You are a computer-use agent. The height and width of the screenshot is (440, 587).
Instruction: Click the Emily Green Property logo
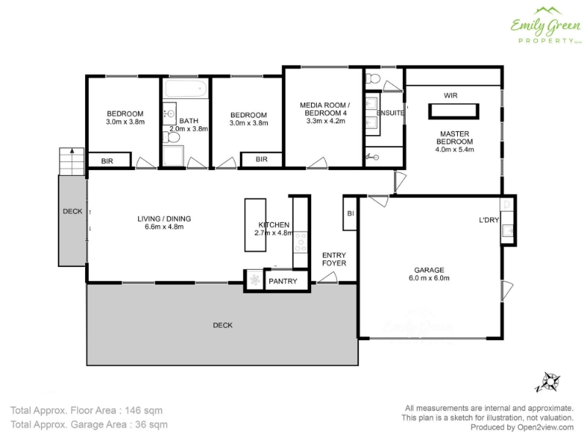click(546, 26)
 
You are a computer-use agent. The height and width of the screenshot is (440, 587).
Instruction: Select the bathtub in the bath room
click(186, 89)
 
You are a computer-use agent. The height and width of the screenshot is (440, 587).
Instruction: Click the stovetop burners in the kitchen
click(300, 243)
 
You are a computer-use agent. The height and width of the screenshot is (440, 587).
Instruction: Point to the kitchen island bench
click(255, 225)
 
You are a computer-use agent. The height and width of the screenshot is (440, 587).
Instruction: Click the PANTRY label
click(282, 282)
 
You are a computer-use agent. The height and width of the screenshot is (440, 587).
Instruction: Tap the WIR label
click(451, 95)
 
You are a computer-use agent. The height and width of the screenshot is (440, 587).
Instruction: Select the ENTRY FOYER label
click(334, 260)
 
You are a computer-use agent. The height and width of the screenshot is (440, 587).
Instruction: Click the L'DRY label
click(489, 220)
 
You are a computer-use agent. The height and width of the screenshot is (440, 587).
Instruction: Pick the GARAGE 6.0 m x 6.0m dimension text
click(429, 274)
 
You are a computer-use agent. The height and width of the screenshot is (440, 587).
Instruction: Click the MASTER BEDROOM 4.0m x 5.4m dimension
click(454, 142)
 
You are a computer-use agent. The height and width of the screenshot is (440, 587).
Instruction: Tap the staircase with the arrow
click(71, 161)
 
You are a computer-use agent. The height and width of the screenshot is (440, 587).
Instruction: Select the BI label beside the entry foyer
click(351, 213)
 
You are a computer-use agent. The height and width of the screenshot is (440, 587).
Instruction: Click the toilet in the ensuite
click(373, 78)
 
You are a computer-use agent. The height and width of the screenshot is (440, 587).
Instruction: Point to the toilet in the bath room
click(171, 138)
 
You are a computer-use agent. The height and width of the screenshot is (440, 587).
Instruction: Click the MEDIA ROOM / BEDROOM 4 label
click(325, 109)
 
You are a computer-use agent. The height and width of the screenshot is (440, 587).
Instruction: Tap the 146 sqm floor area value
click(144, 411)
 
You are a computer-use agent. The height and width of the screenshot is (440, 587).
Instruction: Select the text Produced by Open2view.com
click(522, 428)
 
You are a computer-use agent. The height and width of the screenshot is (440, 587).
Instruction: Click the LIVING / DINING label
click(164, 219)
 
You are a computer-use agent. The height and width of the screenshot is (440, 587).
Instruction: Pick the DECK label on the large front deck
click(223, 326)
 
